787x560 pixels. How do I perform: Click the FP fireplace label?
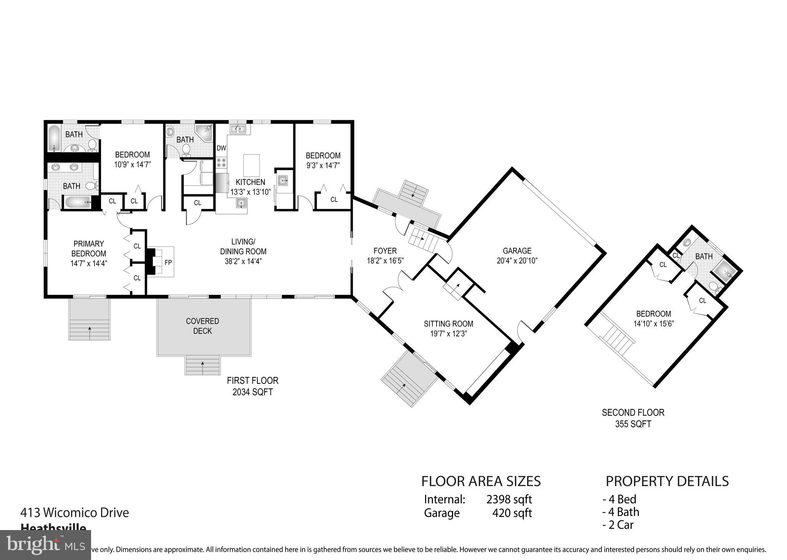pyautogui.click(x=168, y=263)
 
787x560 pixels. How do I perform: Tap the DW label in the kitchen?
pyautogui.click(x=221, y=148)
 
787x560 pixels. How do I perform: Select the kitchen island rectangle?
pyautogui.click(x=251, y=165)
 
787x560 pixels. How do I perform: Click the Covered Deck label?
pyautogui.click(x=203, y=326)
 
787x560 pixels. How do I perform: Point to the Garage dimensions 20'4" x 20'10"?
pyautogui.click(x=517, y=261)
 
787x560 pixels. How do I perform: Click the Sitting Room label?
pyautogui.click(x=448, y=324)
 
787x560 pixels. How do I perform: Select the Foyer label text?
pyautogui.click(x=385, y=251)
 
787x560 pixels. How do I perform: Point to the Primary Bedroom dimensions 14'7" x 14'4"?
pyautogui.click(x=89, y=263)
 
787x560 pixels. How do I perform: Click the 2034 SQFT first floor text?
pyautogui.click(x=252, y=392)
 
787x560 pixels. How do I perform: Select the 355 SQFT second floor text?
pyautogui.click(x=633, y=424)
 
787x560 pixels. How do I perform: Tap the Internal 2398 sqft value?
pyautogui.click(x=509, y=499)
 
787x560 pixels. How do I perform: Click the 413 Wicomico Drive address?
pyautogui.click(x=75, y=512)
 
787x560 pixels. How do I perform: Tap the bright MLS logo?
pyautogui.click(x=45, y=545)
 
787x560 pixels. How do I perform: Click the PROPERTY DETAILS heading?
pyautogui.click(x=667, y=481)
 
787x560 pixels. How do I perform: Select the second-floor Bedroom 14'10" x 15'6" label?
pyautogui.click(x=653, y=319)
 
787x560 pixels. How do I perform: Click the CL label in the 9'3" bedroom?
pyautogui.click(x=334, y=200)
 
